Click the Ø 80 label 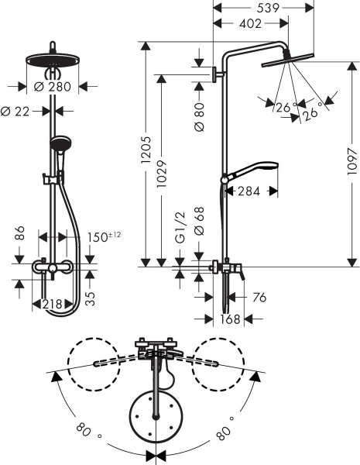[199, 117]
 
